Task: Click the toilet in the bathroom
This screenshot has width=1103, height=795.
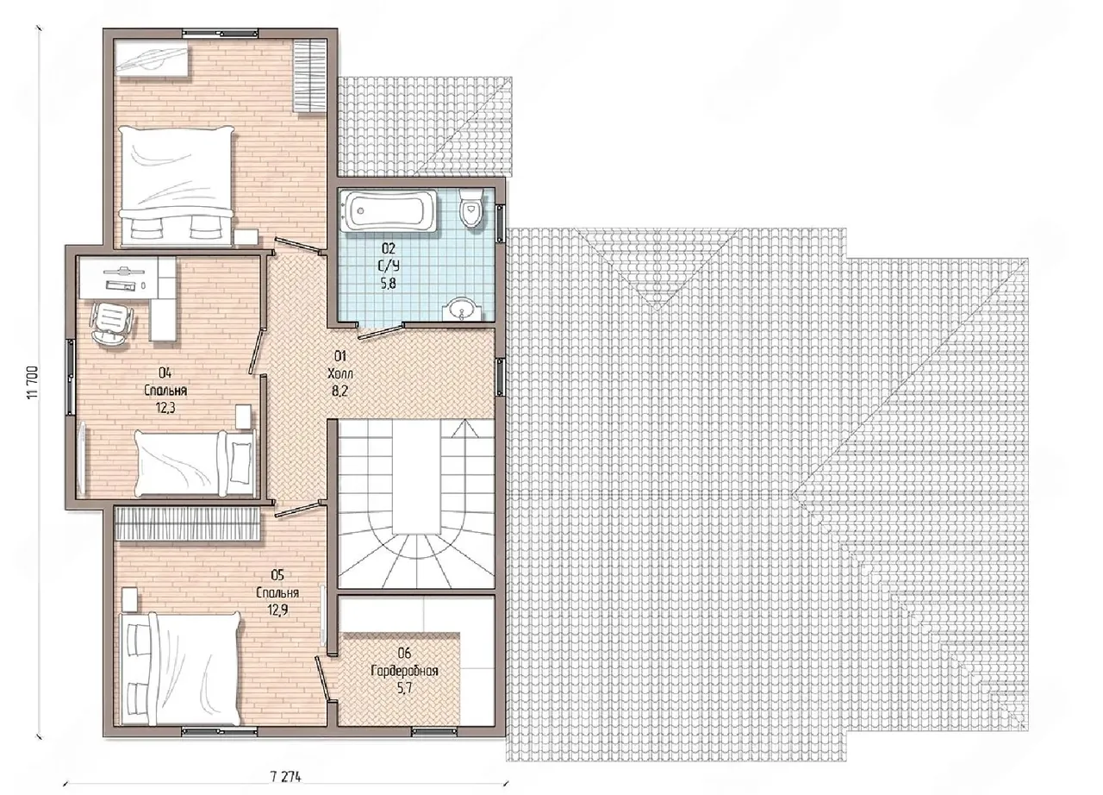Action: point(471,209)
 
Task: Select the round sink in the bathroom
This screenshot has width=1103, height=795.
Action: point(463,310)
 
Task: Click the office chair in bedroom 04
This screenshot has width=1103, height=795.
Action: point(111,323)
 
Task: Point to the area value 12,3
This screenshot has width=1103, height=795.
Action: point(166,409)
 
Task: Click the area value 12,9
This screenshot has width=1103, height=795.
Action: point(277,610)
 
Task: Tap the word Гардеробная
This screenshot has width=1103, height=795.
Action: point(404,671)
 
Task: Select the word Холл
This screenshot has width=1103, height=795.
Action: point(340,374)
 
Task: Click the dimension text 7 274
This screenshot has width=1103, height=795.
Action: point(285,777)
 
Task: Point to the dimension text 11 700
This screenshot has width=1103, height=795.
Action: point(33,383)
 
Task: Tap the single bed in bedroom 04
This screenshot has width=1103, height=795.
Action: point(196,464)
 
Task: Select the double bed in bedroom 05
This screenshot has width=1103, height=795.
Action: point(181,669)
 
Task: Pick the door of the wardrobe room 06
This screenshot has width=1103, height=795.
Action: point(323,679)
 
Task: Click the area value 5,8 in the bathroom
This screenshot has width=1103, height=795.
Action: point(388,284)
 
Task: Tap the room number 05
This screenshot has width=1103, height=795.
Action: point(277,575)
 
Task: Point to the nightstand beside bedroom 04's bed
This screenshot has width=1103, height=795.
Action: point(243,416)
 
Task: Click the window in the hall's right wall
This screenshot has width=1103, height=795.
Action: point(501,378)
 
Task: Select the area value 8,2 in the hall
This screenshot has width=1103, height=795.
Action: point(340,391)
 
